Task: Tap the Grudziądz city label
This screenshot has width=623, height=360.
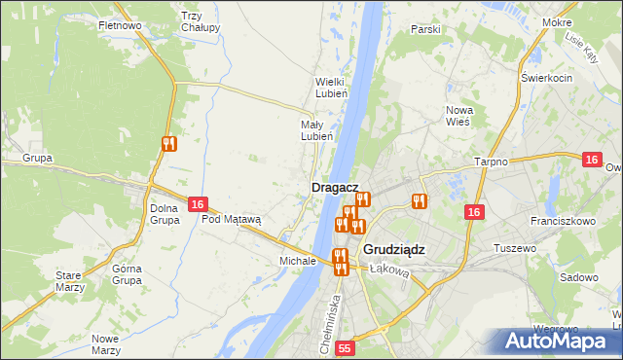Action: tap(393, 249)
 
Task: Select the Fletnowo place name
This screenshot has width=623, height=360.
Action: tap(120, 24)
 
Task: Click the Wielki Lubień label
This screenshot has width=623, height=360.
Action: tap(331, 88)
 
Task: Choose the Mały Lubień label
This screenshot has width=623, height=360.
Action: tap(317, 130)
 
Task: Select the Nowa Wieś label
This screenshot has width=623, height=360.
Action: tap(458, 116)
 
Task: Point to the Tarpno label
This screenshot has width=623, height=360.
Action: tap(492, 162)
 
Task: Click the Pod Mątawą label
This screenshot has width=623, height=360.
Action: tap(232, 219)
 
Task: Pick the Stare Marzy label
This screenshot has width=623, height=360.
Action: tap(68, 281)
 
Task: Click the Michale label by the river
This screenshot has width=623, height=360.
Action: tap(297, 261)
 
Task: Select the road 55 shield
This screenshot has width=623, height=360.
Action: tap(345, 347)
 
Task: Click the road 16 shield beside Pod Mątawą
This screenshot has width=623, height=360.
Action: tap(198, 204)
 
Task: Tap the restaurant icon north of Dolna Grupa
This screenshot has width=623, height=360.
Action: tap(169, 144)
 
